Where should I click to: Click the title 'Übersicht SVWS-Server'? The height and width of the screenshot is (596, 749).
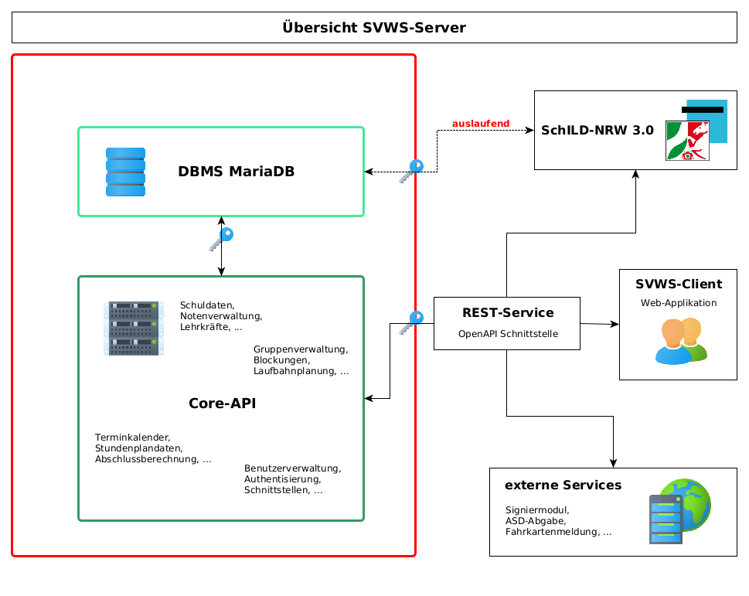tap(374, 28)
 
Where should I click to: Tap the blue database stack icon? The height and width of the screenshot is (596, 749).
tap(125, 172)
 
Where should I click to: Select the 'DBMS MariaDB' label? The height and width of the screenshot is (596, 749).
tap(236, 172)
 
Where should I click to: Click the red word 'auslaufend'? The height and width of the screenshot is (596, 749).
tap(481, 124)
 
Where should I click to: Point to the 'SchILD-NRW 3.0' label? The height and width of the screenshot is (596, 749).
tap(597, 131)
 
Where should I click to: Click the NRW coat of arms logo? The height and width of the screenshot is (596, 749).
tap(688, 140)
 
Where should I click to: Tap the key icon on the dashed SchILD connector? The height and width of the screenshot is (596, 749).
tap(411, 171)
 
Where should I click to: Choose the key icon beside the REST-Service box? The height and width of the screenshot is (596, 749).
tap(411, 322)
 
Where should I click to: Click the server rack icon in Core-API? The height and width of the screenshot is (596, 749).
tap(134, 329)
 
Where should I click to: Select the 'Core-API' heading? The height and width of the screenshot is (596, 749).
tap(222, 404)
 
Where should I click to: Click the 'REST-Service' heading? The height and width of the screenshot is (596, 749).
tap(508, 313)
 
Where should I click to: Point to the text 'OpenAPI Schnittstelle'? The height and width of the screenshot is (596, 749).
tap(508, 335)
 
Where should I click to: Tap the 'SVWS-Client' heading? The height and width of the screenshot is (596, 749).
tap(679, 284)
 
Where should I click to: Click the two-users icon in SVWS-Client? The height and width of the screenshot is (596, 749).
tap(681, 340)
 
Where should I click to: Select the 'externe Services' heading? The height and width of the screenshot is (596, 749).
tap(563, 485)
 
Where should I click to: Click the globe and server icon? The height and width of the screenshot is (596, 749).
tap(679, 510)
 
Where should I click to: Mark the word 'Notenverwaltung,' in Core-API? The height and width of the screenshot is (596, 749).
tap(221, 316)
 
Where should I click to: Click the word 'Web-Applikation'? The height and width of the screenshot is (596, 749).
tap(679, 303)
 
